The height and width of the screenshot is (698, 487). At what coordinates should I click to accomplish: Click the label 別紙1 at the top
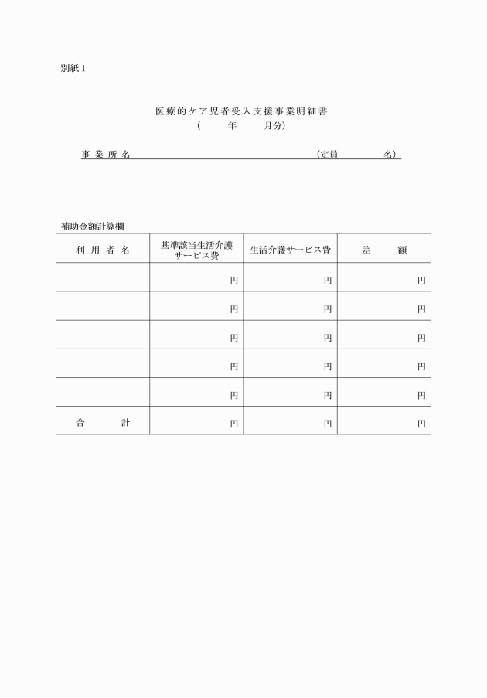tap(73, 69)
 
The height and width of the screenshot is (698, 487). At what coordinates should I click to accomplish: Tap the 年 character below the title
tap(232, 125)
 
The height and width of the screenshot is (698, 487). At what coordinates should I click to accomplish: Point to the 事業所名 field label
tap(105, 155)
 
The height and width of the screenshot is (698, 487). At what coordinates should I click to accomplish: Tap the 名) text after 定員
tap(391, 155)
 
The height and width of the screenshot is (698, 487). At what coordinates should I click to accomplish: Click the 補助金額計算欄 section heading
tap(93, 226)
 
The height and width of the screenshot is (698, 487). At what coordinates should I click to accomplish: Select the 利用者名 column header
tap(103, 250)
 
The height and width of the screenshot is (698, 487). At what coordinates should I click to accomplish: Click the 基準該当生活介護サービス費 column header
tap(196, 250)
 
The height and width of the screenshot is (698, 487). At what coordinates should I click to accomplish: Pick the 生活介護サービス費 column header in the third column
tap(290, 250)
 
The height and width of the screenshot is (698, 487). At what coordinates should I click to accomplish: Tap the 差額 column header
tap(384, 250)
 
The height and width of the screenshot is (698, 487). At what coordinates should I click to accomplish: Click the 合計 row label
tap(103, 423)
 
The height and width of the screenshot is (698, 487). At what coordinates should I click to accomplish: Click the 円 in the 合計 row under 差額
tap(421, 424)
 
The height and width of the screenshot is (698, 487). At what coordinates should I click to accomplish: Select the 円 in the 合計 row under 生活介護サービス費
tap(328, 424)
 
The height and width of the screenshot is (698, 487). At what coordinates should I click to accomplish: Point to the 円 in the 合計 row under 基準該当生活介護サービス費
tap(234, 424)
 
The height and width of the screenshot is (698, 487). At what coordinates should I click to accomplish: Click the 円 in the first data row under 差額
tap(421, 281)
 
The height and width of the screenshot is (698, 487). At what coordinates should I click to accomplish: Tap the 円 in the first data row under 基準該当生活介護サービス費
tap(234, 281)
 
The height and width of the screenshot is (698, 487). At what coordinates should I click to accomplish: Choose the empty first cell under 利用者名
tap(103, 277)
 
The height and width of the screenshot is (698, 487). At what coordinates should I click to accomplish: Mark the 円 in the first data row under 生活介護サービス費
tap(328, 281)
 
